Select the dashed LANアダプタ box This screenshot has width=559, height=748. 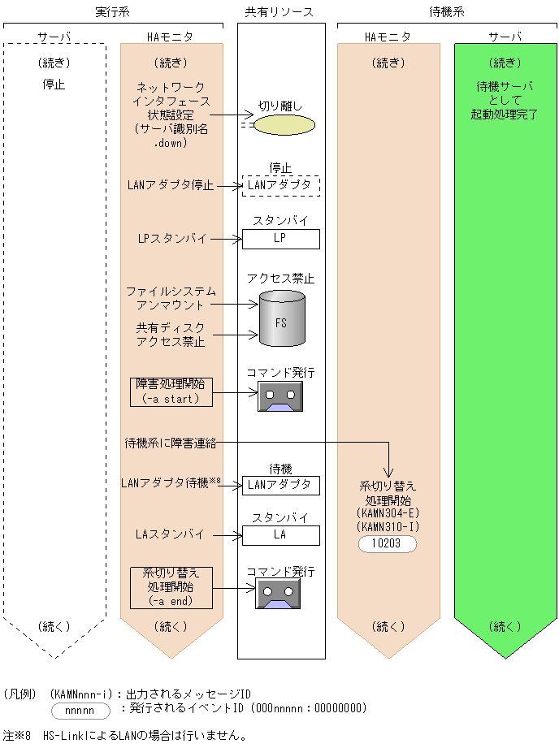[280, 185]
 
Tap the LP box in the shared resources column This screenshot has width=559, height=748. [280, 239]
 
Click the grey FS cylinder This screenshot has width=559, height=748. [281, 319]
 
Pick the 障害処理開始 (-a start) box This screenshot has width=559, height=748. [171, 391]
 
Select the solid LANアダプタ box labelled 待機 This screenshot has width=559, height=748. [280, 485]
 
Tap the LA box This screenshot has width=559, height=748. [280, 535]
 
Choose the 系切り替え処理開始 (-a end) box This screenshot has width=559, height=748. [171, 586]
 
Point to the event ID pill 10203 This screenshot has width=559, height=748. [388, 543]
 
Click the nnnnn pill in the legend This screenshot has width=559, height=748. [80, 710]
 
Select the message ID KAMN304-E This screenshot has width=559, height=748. [388, 514]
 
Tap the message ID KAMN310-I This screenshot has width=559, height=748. [388, 528]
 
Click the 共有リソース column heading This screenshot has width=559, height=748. [280, 12]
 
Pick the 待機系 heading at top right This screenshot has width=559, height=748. [446, 12]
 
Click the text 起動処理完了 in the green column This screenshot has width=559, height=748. [504, 115]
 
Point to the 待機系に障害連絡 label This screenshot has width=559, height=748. [170, 442]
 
